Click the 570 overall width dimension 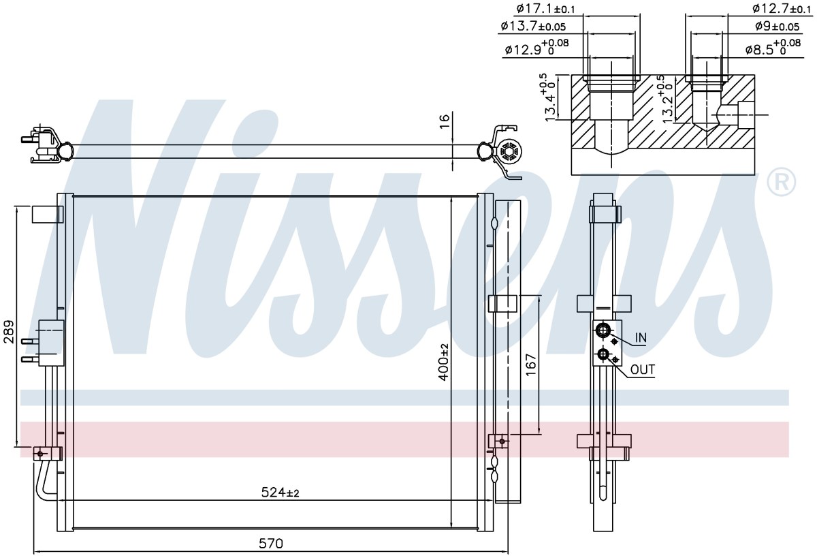point(271,544)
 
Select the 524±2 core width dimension point(280,493)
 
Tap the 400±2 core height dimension point(444,362)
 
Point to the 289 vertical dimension point(9,332)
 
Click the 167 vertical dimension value point(531,365)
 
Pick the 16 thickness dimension point(445,121)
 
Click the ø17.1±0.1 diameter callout point(545,8)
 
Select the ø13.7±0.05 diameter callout point(533,26)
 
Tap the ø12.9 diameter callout point(537,47)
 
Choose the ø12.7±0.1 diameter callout point(782,8)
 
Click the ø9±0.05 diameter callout point(778,26)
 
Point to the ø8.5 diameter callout point(773,47)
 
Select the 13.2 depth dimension point(667,99)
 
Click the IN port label point(641,338)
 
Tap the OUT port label point(643,370)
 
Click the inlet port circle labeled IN point(601,330)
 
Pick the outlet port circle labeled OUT point(601,354)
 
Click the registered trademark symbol point(782,182)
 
